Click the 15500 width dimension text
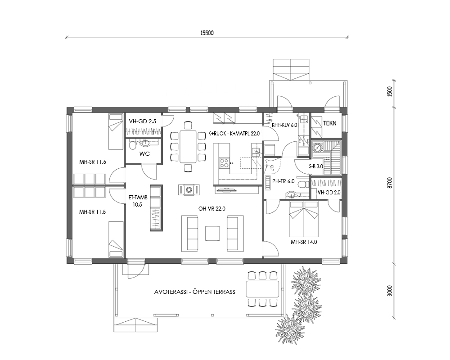pyautogui.click(x=207, y=33)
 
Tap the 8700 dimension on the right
pyautogui.click(x=389, y=183)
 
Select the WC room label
pyautogui.click(x=144, y=154)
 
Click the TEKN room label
pyautogui.click(x=330, y=123)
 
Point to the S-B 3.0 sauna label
pyautogui.click(x=316, y=166)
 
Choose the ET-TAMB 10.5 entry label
pyautogui.click(x=138, y=201)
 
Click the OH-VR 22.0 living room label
pyautogui.click(x=210, y=209)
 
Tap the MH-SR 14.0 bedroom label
pyautogui.click(x=304, y=242)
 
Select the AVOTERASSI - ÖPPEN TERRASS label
pyautogui.click(x=195, y=292)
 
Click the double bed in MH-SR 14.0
pyautogui.click(x=304, y=218)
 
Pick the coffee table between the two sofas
pyautogui.click(x=213, y=233)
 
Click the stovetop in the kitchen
pyautogui.click(x=224, y=163)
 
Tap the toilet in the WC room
pyautogui.click(x=133, y=145)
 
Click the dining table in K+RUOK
pyautogui.click(x=188, y=146)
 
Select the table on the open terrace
pyautogui.click(x=262, y=289)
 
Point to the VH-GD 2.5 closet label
pyautogui.click(x=143, y=121)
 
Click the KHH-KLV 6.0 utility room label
pyautogui.click(x=284, y=125)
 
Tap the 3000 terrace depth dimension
pyautogui.click(x=389, y=291)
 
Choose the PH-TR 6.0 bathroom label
pyautogui.click(x=283, y=181)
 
